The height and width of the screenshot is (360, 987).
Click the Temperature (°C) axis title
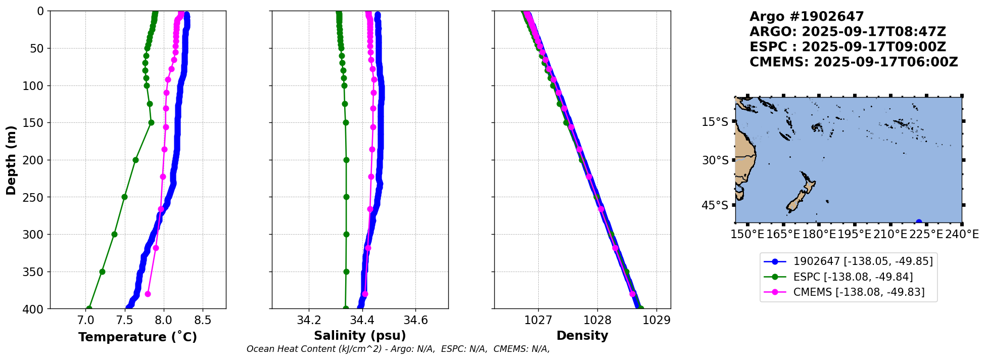(137, 337)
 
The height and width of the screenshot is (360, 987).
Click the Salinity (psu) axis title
(360, 336)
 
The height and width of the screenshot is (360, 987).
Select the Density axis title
(582, 336)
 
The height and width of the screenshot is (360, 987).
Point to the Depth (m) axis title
(11, 160)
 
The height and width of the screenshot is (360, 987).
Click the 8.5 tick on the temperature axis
(203, 320)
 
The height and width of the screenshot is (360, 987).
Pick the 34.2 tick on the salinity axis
(309, 320)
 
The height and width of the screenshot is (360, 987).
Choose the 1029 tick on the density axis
(656, 320)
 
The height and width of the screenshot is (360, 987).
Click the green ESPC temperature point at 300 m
(114, 234)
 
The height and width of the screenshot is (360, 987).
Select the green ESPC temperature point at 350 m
(102, 272)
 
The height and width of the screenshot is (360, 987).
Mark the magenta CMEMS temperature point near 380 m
(148, 294)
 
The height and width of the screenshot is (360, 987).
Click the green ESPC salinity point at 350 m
(346, 272)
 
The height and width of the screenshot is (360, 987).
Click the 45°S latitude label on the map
(715, 205)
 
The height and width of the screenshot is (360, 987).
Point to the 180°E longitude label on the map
(819, 235)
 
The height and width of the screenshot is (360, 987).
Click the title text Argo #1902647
(807, 17)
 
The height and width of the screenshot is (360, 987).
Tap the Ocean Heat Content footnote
(398, 349)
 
